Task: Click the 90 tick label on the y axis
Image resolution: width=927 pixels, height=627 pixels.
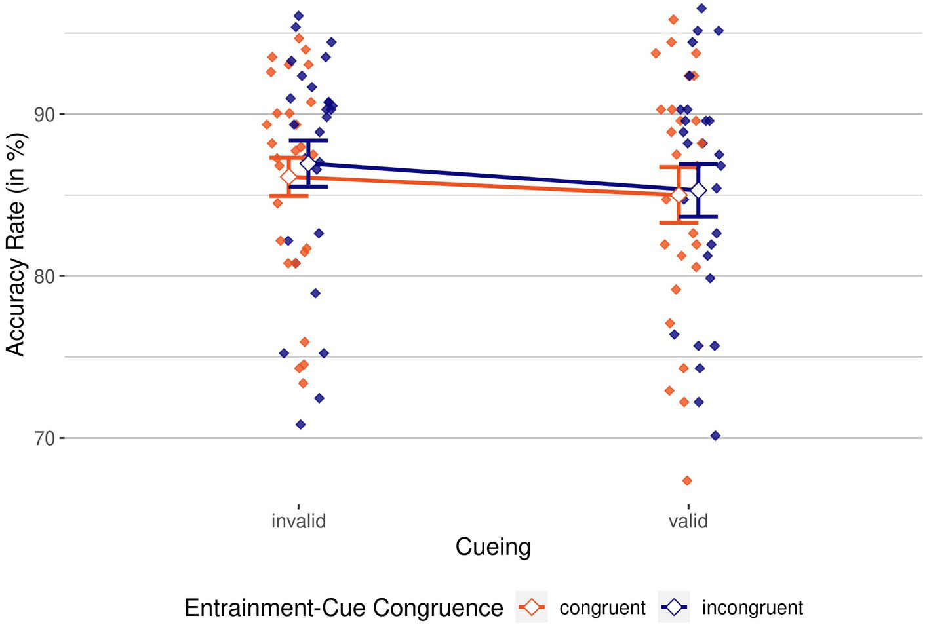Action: (x=44, y=114)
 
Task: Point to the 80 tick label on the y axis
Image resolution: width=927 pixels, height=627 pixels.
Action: (x=44, y=276)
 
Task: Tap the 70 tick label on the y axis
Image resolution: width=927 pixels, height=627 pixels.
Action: (x=44, y=438)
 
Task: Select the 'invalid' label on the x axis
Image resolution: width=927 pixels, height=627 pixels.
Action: (x=298, y=521)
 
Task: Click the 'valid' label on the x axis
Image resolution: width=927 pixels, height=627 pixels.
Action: (x=688, y=521)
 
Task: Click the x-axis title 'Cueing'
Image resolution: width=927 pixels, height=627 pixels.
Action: (x=493, y=546)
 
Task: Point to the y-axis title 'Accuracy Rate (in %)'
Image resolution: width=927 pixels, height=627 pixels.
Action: (x=16, y=244)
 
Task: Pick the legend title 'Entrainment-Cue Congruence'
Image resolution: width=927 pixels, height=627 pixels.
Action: (x=344, y=608)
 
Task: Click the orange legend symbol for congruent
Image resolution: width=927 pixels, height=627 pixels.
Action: (x=532, y=607)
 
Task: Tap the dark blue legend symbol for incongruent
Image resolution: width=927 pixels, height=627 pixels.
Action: (x=674, y=607)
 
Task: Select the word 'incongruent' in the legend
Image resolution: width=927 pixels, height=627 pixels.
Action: (x=752, y=608)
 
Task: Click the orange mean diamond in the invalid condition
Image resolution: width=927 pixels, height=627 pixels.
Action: (x=288, y=177)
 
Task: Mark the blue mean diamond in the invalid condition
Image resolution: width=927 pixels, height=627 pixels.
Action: (x=308, y=164)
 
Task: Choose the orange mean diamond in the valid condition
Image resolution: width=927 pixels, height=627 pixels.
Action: (x=679, y=195)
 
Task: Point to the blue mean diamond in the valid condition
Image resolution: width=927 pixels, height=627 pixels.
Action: (x=698, y=190)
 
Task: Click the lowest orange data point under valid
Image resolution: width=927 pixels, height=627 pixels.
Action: (x=687, y=481)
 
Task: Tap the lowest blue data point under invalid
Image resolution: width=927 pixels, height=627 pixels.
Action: (x=300, y=425)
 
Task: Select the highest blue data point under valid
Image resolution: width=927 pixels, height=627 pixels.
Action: (x=701, y=9)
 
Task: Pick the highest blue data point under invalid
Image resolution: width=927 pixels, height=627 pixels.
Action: (x=298, y=16)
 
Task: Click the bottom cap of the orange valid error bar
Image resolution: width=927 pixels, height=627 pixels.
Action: (x=679, y=223)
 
